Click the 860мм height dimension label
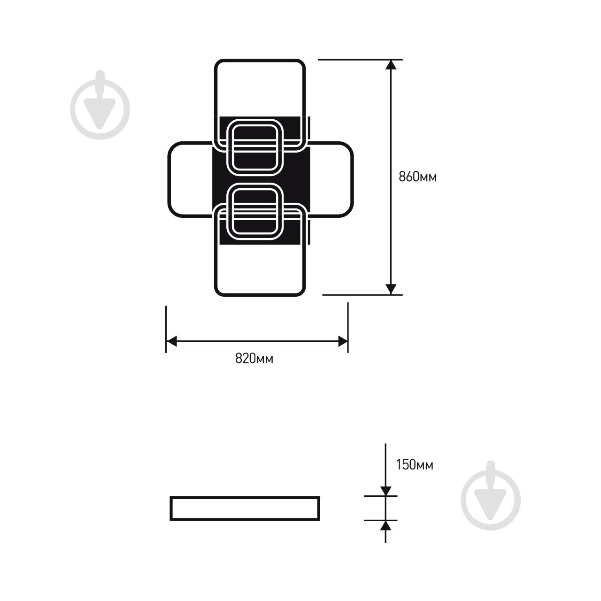[417, 177]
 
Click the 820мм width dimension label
[254, 359]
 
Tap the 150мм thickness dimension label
[415, 465]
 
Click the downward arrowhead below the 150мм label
[385, 490]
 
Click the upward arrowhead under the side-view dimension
[385, 525]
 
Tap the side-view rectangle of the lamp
[245, 509]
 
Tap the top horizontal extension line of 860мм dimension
[360, 60]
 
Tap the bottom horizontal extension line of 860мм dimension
[362, 295]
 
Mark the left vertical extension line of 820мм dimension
[166, 329]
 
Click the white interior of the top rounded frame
[260, 89]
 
